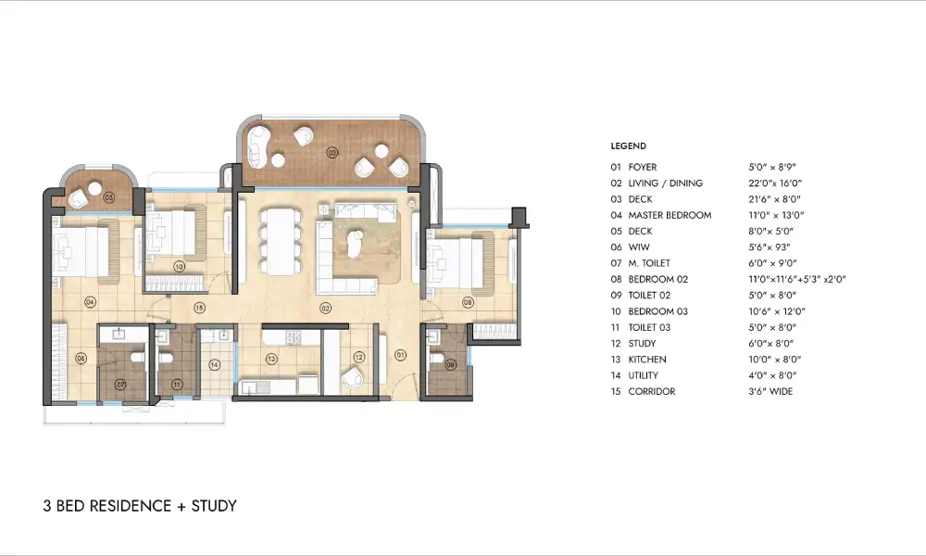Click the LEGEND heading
tap(628, 146)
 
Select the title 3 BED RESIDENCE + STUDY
tap(140, 506)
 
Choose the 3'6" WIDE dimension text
tap(770, 391)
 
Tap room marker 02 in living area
tap(326, 307)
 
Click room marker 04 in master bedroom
tap(90, 302)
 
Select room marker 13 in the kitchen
tap(271, 359)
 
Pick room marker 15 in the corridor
tap(198, 307)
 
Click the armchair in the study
tap(352, 379)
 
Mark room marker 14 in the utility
tap(215, 365)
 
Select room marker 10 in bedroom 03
tap(179, 266)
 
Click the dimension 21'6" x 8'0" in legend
tap(774, 199)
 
